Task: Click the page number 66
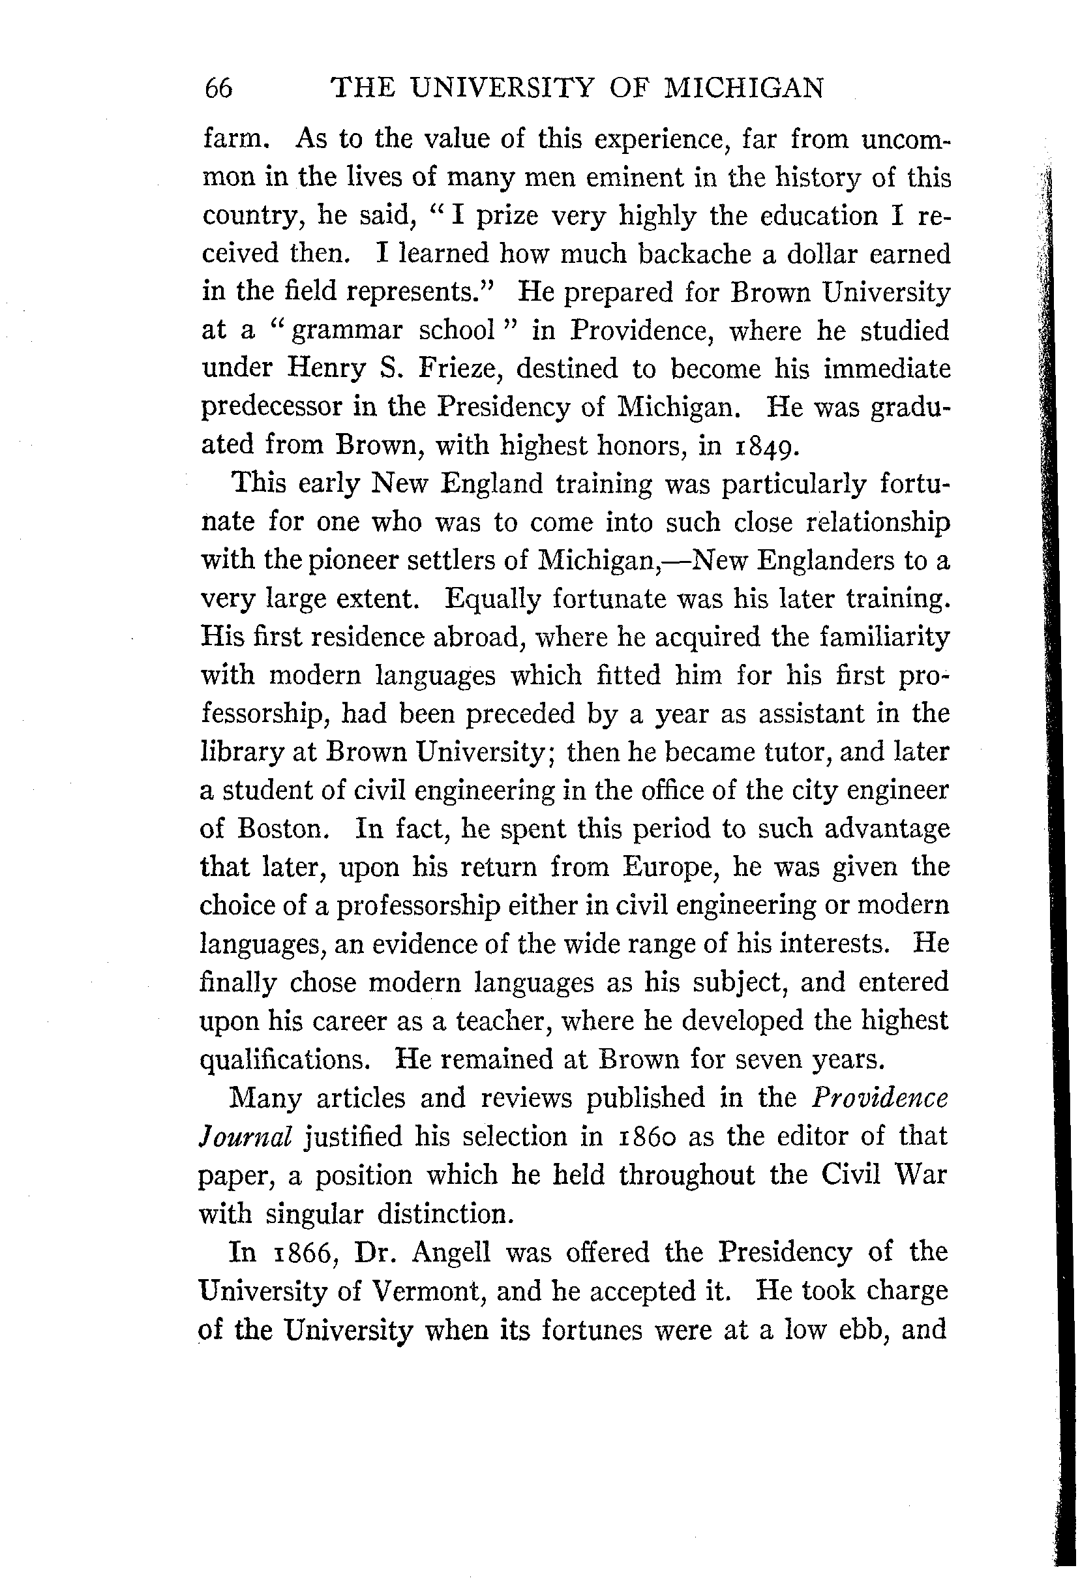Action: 218,89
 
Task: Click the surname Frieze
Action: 460,369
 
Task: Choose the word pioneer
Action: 353,561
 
